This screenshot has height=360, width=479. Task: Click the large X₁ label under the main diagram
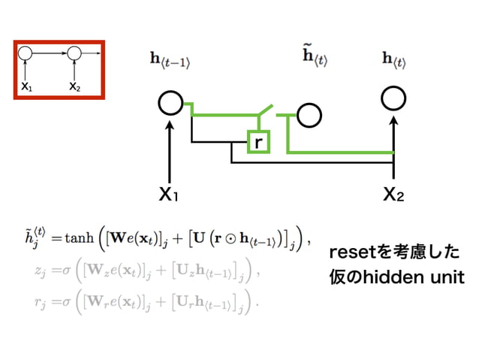click(x=168, y=195)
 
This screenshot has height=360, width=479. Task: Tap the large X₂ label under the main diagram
click(x=393, y=195)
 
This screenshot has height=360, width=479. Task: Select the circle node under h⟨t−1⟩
click(x=170, y=103)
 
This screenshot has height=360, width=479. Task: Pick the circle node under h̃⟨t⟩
click(x=309, y=115)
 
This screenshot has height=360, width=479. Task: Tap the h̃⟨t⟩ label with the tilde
click(x=315, y=56)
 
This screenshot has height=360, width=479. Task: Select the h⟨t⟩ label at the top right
click(x=393, y=60)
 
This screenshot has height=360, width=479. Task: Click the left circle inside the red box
click(x=26, y=53)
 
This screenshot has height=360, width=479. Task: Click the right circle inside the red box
click(x=74, y=53)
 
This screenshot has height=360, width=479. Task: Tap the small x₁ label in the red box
click(x=26, y=86)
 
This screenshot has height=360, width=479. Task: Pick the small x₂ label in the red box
click(x=74, y=86)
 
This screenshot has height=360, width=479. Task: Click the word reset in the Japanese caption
click(x=355, y=253)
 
